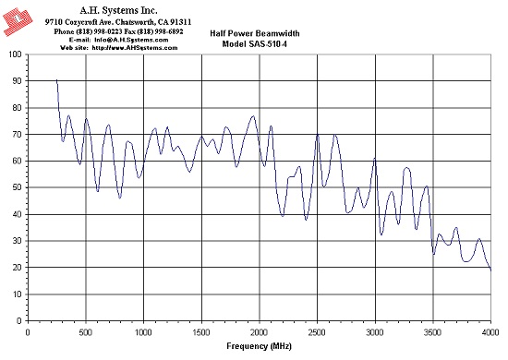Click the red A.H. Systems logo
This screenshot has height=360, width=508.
pos(18,21)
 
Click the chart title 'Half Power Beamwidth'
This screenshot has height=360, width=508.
pos(255,33)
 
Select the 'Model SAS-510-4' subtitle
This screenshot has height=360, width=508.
pos(254,44)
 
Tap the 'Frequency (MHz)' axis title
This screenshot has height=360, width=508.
pos(259,346)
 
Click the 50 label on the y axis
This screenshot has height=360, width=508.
pos(17,187)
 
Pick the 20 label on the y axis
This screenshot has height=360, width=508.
pos(17,268)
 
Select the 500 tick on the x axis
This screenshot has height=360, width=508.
pos(86,333)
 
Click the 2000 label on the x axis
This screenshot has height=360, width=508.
pos(260,333)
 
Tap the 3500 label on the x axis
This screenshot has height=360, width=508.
pos(433,333)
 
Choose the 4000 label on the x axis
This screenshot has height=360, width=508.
pos(490,333)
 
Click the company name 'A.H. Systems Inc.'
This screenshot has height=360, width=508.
pos(118,11)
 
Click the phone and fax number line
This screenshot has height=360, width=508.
pos(118,31)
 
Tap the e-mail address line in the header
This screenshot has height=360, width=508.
pos(118,40)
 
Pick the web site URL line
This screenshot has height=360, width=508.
pos(119,48)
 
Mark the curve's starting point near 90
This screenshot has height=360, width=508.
pos(56,79)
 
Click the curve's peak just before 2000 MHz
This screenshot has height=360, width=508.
pos(253,115)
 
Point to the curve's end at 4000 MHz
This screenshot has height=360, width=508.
pos(491,270)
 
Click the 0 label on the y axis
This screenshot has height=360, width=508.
pos(18,321)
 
